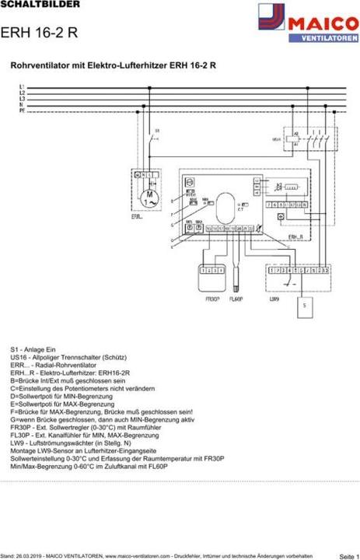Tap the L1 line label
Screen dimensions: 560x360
coord(22,85)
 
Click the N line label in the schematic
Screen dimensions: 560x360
coord(22,105)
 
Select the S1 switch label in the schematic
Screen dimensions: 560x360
coord(157,130)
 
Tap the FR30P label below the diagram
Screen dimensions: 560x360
coord(211,298)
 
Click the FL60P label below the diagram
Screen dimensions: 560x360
coord(236,298)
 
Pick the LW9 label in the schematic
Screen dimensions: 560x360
coord(274,298)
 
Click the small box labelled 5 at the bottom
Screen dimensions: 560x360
coord(304,306)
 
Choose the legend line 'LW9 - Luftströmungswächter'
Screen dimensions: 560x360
coord(73,443)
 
